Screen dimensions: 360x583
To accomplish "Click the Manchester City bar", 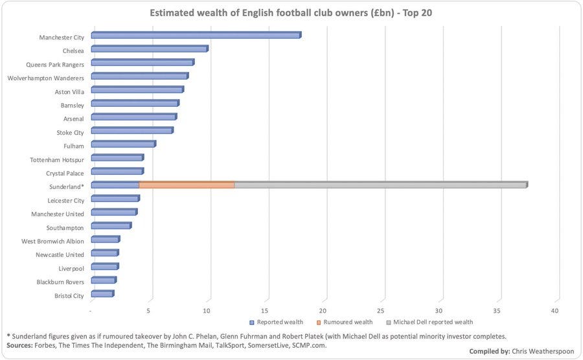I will point(196,36).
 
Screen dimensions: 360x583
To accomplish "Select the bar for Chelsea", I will point(149,49).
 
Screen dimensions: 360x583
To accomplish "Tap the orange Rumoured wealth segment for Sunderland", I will point(187,185).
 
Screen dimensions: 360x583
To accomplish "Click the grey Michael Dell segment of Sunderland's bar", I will point(380,185).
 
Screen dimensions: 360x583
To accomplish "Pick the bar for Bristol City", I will point(102,294).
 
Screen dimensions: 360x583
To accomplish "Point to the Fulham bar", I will point(123,144).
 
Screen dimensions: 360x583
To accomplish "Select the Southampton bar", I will point(111,226).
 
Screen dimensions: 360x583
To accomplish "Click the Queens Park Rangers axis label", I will point(55,65).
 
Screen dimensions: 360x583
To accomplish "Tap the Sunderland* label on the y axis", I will point(65,186).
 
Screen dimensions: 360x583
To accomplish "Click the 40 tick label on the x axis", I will point(554,311).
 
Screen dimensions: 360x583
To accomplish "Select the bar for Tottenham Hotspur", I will point(117,158).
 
